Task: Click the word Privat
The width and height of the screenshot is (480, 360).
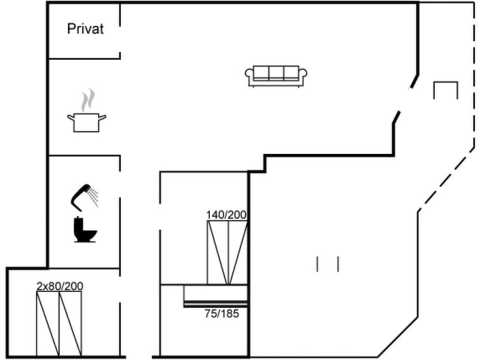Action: pos(85,29)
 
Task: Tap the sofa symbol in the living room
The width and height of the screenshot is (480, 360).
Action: pos(276,76)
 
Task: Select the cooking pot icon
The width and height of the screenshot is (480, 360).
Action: pos(86,123)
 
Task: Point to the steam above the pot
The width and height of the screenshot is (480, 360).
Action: pos(88,100)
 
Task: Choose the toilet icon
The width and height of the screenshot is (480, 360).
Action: pos(85,230)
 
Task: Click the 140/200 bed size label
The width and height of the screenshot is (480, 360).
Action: pos(226,215)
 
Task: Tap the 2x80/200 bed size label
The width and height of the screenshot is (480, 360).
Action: pos(60,286)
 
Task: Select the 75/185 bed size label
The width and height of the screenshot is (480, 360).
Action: pos(222,314)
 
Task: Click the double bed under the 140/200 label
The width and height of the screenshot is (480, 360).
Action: pos(228,253)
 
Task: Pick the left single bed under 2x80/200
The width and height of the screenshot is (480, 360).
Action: pos(48,324)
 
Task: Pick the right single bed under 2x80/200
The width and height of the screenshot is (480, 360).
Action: pos(71,324)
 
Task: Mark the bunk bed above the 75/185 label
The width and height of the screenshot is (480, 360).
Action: pos(216,296)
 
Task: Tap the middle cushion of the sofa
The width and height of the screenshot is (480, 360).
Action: pos(276,73)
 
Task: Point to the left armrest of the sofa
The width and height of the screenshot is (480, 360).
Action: pos(249,74)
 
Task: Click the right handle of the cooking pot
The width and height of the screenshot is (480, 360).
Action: pos(102,117)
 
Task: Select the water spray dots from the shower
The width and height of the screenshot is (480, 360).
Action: pos(93,197)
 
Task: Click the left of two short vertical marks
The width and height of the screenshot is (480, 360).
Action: pos(317,265)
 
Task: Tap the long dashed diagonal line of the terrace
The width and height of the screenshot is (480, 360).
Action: pos(446,180)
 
